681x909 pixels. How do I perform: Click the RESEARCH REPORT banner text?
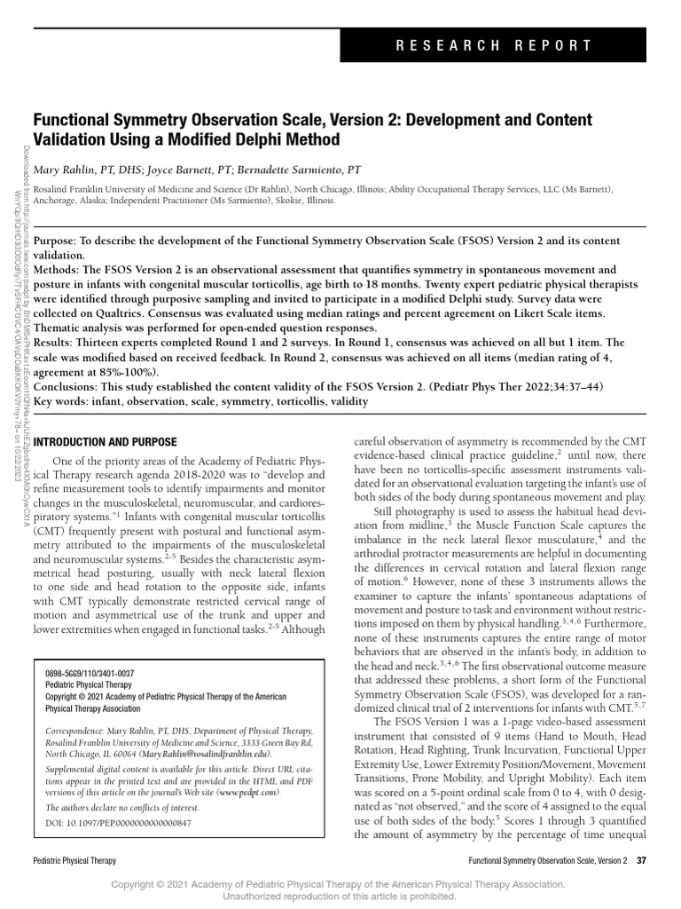[507, 45]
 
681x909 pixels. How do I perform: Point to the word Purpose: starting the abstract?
[59, 241]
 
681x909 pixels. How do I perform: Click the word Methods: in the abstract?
[60, 269]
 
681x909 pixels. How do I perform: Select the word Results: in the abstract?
[58, 342]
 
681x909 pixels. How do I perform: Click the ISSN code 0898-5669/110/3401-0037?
[90, 674]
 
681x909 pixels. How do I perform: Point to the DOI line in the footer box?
[118, 823]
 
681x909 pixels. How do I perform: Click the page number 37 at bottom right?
[642, 860]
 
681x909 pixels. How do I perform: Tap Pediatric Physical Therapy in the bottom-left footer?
[74, 861]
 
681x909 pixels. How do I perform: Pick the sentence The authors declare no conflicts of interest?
[122, 808]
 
